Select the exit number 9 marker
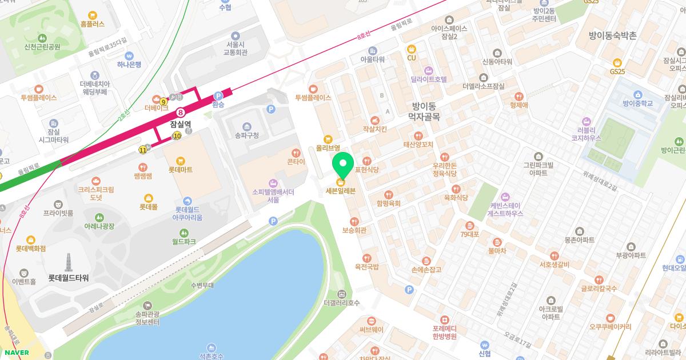click(164, 101)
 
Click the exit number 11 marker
click(142, 150)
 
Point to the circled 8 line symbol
click(181, 113)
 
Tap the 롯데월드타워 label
click(68, 278)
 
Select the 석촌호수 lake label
click(212, 355)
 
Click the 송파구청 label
click(246, 135)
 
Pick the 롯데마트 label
click(181, 170)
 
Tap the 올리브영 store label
click(328, 147)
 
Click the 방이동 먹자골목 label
click(423, 111)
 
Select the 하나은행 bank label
click(129, 65)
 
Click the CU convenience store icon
click(411, 50)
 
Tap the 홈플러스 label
click(93, 24)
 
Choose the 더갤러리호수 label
click(341, 303)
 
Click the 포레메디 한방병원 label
click(444, 332)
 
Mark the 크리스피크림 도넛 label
click(95, 193)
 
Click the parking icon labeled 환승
click(218, 97)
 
